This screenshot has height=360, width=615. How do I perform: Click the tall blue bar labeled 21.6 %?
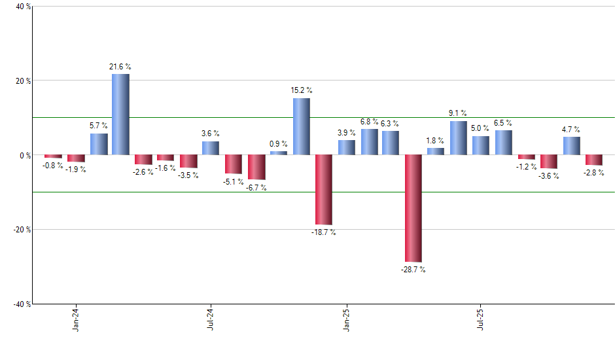tap(120, 115)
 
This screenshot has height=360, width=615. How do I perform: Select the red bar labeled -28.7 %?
tap(413, 208)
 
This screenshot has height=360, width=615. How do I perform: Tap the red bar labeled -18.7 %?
tap(323, 190)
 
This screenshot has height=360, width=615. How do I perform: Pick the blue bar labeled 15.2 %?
tap(301, 126)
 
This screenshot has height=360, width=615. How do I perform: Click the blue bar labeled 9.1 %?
tap(458, 138)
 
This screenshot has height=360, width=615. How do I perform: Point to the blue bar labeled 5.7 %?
tap(99, 144)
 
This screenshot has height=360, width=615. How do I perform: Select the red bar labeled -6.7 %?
tap(256, 167)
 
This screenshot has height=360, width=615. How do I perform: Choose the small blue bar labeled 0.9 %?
tap(279, 153)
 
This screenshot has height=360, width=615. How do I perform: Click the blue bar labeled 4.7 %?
tap(571, 146)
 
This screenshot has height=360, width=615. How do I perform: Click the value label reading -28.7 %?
tap(413, 269)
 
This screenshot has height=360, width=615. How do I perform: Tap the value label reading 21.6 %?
tap(120, 67)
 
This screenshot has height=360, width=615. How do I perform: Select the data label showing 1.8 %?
tap(436, 140)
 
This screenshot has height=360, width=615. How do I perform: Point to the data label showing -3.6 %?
tap(548, 176)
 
